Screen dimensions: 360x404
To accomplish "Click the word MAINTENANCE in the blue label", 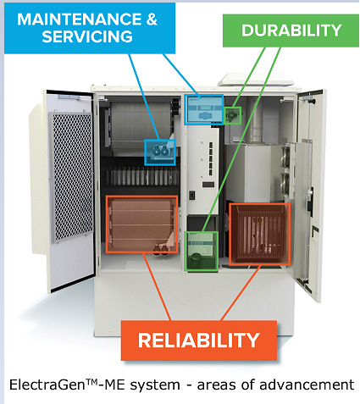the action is click(x=80, y=19).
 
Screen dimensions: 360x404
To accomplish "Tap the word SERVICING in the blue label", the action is click(x=87, y=36).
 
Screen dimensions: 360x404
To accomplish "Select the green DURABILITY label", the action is click(x=291, y=30).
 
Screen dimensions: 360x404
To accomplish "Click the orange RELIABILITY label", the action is click(x=199, y=340).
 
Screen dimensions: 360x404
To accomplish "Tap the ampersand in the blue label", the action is click(x=152, y=19).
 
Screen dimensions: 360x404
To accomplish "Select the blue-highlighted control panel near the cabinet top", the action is click(x=204, y=109).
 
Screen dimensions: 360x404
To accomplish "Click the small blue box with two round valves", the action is click(x=160, y=152).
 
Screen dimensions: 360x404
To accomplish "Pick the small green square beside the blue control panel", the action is click(x=233, y=115).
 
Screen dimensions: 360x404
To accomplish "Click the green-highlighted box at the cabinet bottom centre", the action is click(x=202, y=252).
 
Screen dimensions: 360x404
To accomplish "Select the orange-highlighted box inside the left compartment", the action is click(x=141, y=224).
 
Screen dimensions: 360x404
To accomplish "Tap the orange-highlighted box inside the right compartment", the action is click(x=259, y=234).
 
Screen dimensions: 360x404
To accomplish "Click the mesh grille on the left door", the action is click(x=72, y=177).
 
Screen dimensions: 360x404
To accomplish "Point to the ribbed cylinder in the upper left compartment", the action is click(x=141, y=125).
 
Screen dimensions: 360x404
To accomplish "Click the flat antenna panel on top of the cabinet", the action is click(x=257, y=80).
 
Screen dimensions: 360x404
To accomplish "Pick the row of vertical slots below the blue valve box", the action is click(x=141, y=176).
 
